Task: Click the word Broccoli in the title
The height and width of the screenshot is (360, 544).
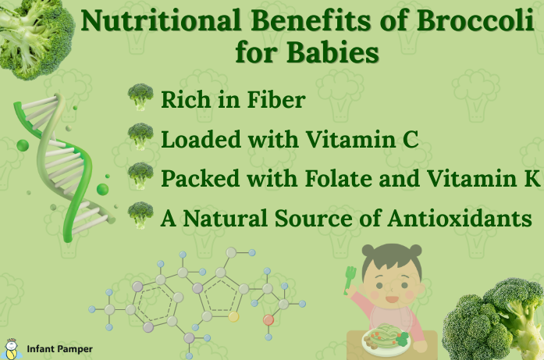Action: [475, 20]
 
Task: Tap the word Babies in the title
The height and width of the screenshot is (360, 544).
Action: [332, 52]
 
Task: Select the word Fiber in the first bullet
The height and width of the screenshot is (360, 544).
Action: [276, 100]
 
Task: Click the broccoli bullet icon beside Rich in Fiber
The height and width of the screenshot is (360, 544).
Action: [140, 97]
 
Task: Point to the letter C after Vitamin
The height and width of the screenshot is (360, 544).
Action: [411, 139]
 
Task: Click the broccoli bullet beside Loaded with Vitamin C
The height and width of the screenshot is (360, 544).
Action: [140, 137]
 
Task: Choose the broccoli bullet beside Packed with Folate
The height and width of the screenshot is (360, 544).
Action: [140, 176]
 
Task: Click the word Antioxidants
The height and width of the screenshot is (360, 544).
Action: [460, 219]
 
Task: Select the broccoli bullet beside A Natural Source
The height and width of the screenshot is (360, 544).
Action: [140, 216]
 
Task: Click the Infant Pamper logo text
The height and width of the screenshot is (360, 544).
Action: [59, 349]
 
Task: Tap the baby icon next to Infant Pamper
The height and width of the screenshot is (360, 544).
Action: [12, 349]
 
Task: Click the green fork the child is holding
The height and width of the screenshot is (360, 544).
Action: [350, 280]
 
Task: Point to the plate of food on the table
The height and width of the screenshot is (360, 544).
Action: [386, 340]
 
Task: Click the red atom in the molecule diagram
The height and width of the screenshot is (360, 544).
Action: [268, 319]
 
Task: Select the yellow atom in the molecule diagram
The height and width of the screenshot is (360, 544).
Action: [233, 316]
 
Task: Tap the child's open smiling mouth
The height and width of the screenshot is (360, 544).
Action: [392, 299]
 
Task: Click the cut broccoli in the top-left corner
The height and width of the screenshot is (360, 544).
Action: [36, 38]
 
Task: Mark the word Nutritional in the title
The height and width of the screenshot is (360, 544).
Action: [161, 20]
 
